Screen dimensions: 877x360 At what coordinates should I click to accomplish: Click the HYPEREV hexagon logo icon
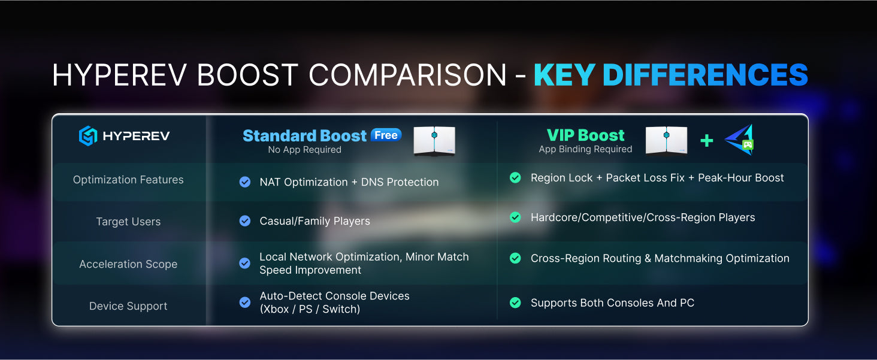tap(87, 136)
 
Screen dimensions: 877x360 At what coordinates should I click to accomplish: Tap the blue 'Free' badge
tap(386, 135)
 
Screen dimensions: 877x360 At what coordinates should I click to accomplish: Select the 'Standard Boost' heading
tap(304, 135)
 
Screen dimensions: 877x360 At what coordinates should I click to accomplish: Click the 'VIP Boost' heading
tap(585, 135)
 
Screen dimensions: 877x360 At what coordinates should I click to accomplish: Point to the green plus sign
tap(706, 141)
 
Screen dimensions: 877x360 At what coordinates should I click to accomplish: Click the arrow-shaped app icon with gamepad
tap(739, 140)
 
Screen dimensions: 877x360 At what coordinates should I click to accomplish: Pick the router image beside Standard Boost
tap(434, 141)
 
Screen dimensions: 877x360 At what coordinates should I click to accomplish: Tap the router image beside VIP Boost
tap(666, 140)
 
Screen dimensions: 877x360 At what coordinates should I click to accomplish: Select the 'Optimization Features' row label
tap(128, 180)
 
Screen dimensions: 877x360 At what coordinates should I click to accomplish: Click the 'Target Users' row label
tap(128, 222)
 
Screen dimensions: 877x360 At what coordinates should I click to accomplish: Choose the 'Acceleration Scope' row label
tap(128, 264)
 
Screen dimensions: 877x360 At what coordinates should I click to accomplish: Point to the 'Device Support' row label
tap(128, 306)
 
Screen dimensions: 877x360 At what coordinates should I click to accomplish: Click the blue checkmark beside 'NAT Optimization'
tap(245, 182)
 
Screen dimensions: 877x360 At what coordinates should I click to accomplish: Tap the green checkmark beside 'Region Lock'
tap(515, 178)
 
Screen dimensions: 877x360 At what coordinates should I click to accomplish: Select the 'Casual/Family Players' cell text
tap(314, 221)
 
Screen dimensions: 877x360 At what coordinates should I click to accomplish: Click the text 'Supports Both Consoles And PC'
tap(612, 303)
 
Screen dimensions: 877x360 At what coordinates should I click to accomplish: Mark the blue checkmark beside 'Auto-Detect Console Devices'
tap(245, 302)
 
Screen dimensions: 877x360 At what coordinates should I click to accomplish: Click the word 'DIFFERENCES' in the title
tap(705, 75)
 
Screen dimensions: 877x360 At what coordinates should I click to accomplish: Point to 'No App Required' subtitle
tap(304, 150)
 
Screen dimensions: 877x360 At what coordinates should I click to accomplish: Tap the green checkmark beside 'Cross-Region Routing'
tap(515, 258)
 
